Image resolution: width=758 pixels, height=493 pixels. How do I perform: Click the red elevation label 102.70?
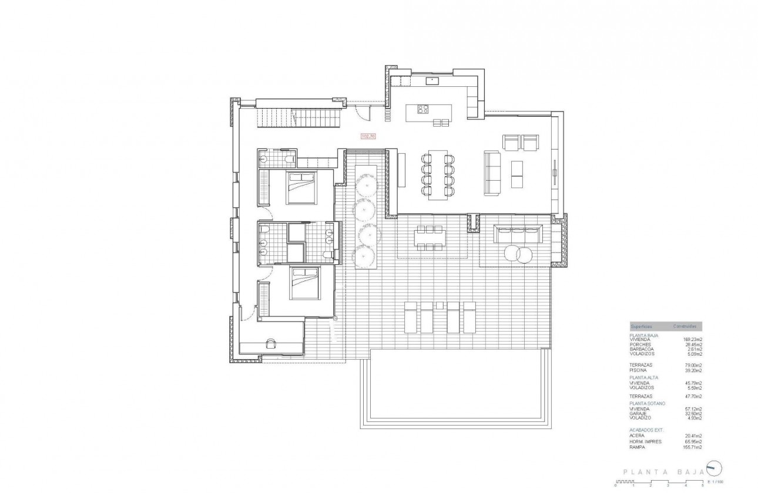[x=368, y=136]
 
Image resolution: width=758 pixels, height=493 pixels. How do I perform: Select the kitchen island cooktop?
[x=423, y=109]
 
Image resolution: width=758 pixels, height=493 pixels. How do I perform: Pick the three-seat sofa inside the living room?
[x=491, y=173]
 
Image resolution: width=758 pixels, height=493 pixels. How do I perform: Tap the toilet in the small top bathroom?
[x=286, y=158]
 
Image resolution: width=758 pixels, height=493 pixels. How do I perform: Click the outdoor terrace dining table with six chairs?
[x=430, y=237]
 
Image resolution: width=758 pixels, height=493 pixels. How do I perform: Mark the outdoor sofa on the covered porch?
[x=518, y=234]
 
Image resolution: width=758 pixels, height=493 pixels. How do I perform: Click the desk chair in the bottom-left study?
[x=271, y=344]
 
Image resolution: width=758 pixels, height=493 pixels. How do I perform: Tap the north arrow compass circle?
[x=714, y=468]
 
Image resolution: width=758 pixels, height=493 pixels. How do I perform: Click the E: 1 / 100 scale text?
[x=716, y=481]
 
